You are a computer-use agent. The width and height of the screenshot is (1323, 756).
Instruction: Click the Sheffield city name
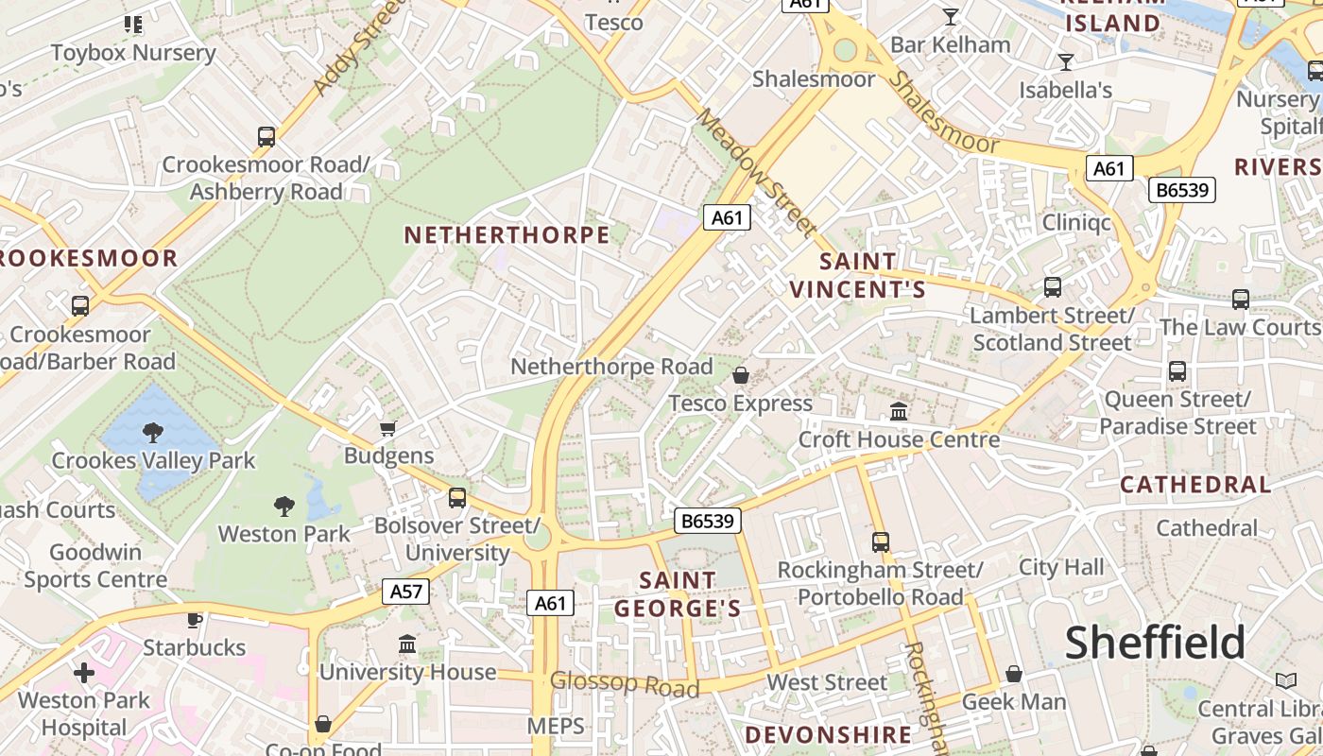point(1155,644)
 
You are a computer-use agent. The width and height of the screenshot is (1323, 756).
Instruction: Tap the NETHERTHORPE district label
point(507,235)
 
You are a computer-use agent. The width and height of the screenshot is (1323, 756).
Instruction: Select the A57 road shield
point(406,592)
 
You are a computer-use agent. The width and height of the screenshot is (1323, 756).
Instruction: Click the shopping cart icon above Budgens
point(387,429)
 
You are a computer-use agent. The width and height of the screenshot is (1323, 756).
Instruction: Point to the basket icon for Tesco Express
point(741,375)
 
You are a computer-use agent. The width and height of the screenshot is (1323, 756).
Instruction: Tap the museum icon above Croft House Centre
point(899,411)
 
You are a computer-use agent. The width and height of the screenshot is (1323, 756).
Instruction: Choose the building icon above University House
point(407,644)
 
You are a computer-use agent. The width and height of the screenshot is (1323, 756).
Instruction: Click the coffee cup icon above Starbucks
point(194,620)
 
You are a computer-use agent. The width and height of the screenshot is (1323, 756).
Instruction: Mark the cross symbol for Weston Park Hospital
point(84,673)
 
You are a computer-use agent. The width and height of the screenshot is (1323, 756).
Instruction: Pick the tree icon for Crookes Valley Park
point(152,433)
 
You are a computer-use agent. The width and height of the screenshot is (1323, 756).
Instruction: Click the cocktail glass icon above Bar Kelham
point(951,16)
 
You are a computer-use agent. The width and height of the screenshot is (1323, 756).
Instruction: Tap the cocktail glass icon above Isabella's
point(1066,62)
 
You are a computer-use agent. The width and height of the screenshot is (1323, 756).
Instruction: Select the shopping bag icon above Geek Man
point(1014,674)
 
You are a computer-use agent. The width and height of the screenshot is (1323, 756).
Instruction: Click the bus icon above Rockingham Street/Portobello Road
point(881,541)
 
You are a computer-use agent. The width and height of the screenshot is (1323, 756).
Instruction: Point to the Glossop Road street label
point(625,683)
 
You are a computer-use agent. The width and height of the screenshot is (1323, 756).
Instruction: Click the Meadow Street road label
point(756,171)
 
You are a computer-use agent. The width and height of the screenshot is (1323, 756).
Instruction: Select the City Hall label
point(1061,567)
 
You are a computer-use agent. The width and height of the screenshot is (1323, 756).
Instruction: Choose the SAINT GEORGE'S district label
point(678,593)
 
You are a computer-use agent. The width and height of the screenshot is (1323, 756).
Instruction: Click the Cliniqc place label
point(1076,222)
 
